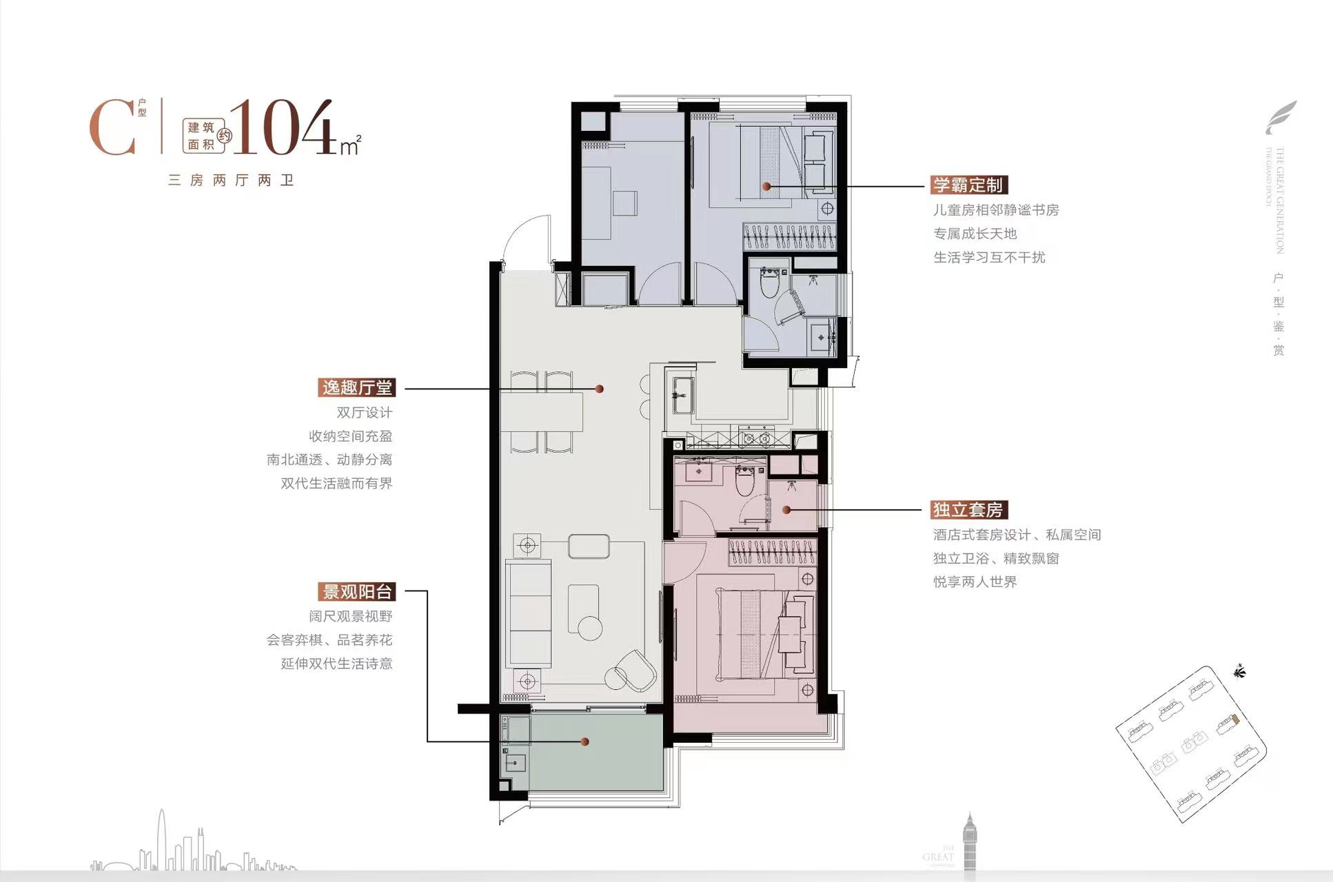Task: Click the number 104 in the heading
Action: click(283, 128)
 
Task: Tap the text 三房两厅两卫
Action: click(231, 181)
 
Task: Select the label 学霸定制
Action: click(968, 185)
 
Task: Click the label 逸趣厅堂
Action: click(356, 387)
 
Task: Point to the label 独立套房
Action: click(967, 510)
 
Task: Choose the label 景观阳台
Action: click(357, 591)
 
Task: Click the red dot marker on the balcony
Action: click(584, 742)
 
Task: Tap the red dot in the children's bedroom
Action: click(766, 187)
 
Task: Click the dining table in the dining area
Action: click(542, 411)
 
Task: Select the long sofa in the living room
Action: click(528, 613)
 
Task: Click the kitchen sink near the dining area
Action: click(682, 395)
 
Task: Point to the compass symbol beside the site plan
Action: click(1239, 670)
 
